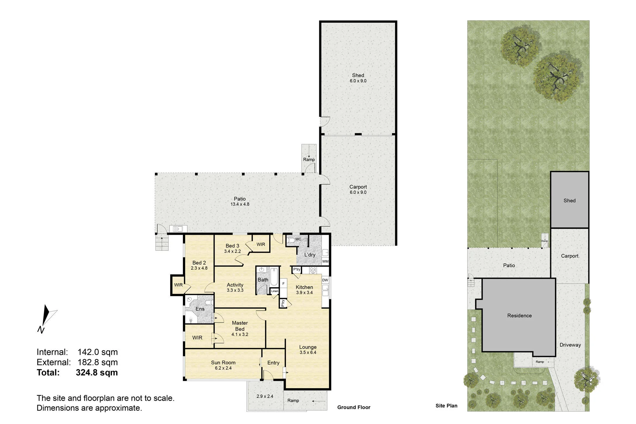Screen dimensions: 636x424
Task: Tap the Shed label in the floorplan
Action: click(x=358, y=75)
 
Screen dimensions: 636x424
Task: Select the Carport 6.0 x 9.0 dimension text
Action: click(x=358, y=192)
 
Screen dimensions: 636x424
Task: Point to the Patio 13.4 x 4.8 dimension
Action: click(x=240, y=204)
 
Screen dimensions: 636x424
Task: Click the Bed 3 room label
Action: click(x=232, y=246)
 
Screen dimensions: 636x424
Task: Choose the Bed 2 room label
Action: click(x=199, y=263)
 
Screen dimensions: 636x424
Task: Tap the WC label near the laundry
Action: click(x=298, y=239)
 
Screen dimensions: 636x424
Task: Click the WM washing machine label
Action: click(x=325, y=261)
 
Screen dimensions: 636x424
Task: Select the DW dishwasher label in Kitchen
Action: click(x=325, y=280)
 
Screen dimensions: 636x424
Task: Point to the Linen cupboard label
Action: click(x=275, y=291)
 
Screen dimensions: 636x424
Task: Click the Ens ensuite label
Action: click(x=200, y=309)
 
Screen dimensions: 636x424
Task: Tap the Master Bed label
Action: click(x=240, y=326)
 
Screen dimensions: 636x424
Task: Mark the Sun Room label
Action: click(x=223, y=363)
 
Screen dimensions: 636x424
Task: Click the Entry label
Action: click(x=273, y=363)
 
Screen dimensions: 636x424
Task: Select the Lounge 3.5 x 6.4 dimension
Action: click(x=308, y=352)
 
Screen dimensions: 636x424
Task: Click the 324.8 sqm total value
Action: click(x=97, y=372)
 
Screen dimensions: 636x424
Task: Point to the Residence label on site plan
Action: click(x=519, y=316)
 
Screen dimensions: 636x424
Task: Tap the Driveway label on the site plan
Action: click(x=570, y=345)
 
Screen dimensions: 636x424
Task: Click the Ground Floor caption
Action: click(x=354, y=407)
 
